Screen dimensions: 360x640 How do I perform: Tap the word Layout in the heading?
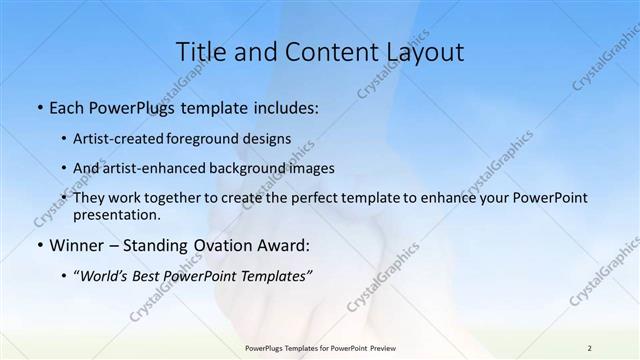(x=424, y=52)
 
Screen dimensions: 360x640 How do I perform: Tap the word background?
(x=237, y=168)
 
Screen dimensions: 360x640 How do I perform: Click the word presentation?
(x=117, y=214)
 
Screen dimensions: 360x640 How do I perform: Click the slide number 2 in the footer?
(x=589, y=347)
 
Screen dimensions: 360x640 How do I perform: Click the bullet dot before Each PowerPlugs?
(x=38, y=107)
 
